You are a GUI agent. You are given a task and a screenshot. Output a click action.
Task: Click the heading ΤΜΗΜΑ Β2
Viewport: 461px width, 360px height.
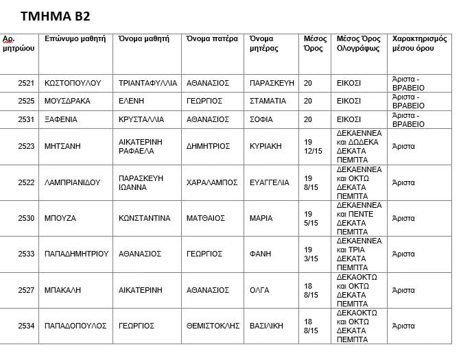[54, 16]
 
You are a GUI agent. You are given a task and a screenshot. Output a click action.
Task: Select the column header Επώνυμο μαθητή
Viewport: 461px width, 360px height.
[75, 39]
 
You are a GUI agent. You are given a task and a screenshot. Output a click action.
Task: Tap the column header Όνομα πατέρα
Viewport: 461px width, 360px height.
[212, 39]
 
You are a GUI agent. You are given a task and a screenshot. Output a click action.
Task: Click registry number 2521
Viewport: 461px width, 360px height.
[26, 83]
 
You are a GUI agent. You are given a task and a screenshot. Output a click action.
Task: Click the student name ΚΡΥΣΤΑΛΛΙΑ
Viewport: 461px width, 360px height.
[141, 119]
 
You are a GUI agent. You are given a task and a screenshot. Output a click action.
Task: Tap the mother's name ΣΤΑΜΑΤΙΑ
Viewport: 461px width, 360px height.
[268, 101]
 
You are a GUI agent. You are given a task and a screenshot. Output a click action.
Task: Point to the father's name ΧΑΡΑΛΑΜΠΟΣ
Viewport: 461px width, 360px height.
[212, 183]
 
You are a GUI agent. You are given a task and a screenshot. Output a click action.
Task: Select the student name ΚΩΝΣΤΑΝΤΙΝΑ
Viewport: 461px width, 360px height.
[145, 219]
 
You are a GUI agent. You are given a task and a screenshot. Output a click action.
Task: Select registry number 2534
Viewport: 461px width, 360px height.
[26, 326]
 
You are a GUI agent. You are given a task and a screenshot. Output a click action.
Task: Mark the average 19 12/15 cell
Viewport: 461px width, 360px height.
[312, 147]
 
